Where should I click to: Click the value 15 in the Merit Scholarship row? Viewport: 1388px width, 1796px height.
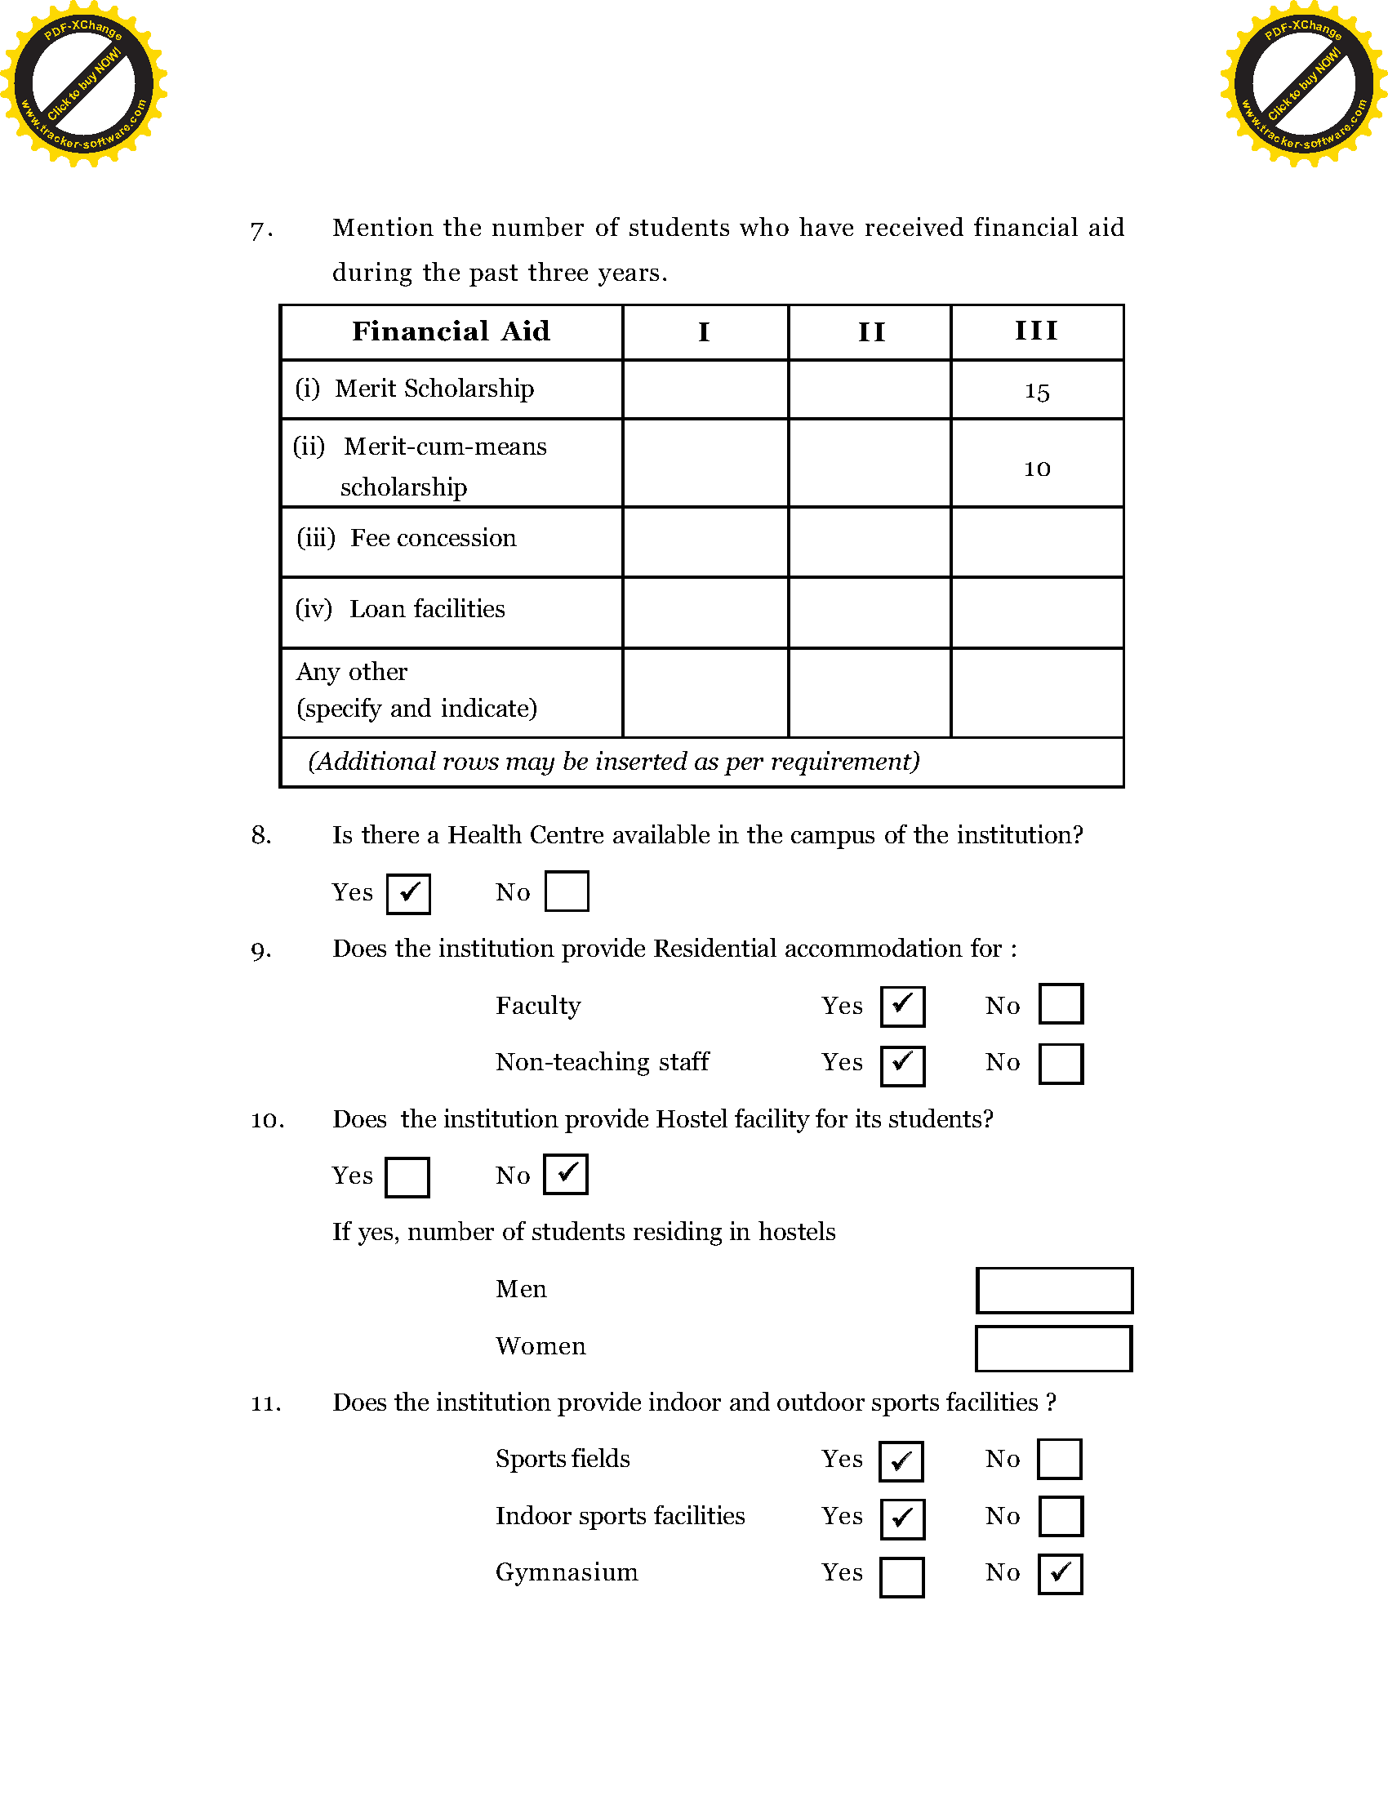point(1037,391)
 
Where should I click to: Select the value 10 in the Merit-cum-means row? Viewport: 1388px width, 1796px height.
point(1037,469)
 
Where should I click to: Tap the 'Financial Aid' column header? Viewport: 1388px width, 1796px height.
point(451,331)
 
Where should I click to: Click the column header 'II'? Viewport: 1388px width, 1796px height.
point(871,332)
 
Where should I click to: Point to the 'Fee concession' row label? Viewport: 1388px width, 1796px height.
point(434,538)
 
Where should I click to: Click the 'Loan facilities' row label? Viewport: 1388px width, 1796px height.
point(427,608)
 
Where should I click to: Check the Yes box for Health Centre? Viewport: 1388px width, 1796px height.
point(409,893)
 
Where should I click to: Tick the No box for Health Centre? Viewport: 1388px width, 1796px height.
point(567,891)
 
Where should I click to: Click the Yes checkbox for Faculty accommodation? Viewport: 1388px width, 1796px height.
point(902,1006)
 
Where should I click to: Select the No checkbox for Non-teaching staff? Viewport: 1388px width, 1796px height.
point(1061,1064)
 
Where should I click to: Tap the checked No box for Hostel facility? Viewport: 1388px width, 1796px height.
point(566,1174)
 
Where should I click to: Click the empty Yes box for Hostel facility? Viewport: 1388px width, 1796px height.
point(407,1176)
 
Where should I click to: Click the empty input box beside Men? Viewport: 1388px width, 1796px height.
point(1054,1290)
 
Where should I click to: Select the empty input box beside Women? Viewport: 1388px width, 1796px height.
point(1053,1349)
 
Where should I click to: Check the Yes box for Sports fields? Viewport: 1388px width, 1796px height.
point(901,1461)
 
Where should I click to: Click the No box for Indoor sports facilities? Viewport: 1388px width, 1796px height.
point(1061,1517)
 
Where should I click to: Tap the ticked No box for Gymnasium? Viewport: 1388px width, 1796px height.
point(1060,1574)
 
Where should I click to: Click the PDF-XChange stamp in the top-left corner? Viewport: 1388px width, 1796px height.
point(83,84)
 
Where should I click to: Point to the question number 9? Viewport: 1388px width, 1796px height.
point(260,951)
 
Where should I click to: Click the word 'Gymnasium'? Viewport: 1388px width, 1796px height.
point(567,1572)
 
